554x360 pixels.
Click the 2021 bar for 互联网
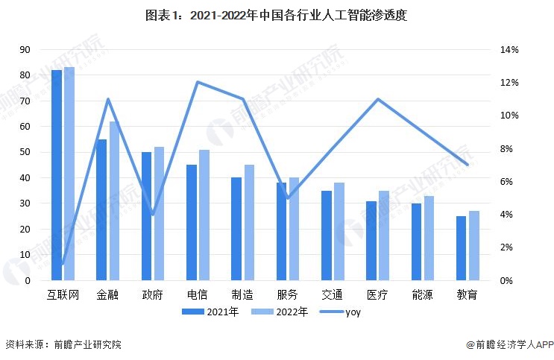(x=57, y=175)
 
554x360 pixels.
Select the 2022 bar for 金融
(x=114, y=201)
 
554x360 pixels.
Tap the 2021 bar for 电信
(x=192, y=223)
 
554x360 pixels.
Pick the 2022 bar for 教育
(x=474, y=246)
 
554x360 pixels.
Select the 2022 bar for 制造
(x=249, y=223)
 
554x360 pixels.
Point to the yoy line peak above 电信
(x=198, y=82)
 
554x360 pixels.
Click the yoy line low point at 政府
(x=153, y=215)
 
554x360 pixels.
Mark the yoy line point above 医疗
(x=378, y=99)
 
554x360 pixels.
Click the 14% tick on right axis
(x=509, y=50)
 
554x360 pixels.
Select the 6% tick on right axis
(x=509, y=182)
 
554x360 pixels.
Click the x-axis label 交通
(x=333, y=294)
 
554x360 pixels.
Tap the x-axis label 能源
(x=423, y=294)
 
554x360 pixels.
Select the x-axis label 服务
(x=288, y=294)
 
